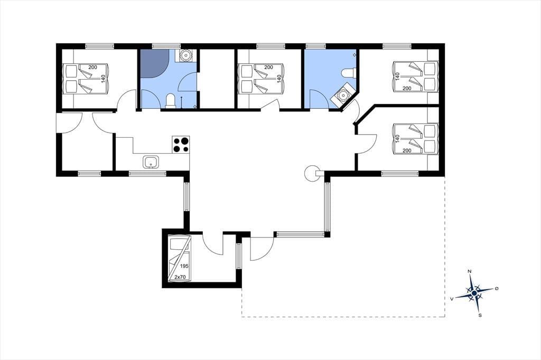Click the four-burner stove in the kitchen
pos(181,145)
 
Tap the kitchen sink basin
pos(151,162)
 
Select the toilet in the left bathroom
pos(170,101)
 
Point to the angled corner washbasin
pos(342,94)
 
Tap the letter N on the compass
pos(469,271)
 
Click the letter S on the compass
pos(480,315)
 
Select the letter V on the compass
pos(452,299)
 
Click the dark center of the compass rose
pos(474,293)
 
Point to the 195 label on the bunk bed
pos(184,267)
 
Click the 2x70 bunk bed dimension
pos(180,277)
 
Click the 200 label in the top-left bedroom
pos(93,67)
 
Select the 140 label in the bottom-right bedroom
pos(397,139)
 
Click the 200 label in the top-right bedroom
pos(407,89)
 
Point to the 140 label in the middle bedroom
pos(279,78)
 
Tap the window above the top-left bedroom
pos(100,46)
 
